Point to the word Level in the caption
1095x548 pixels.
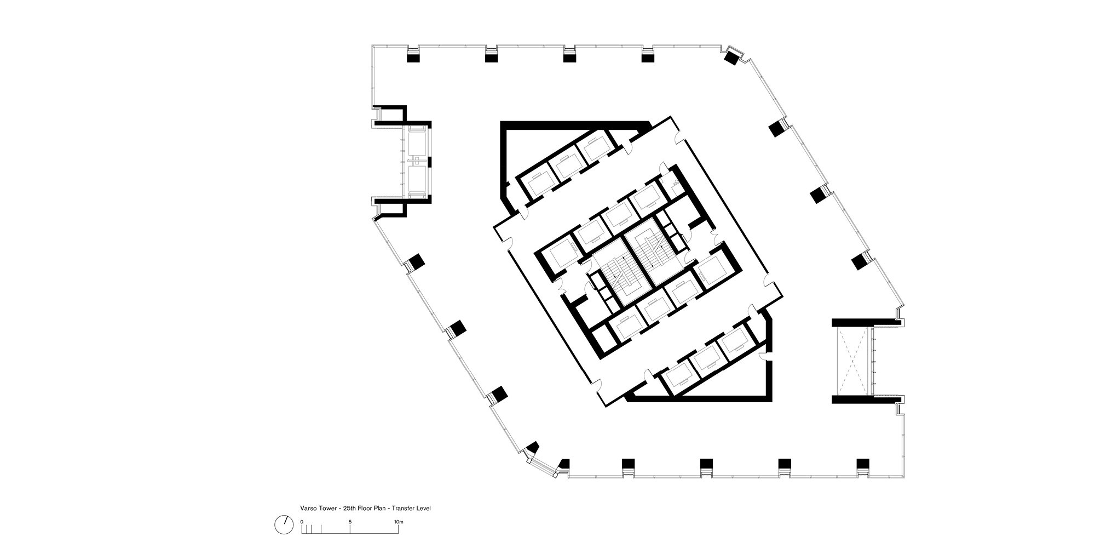(423, 509)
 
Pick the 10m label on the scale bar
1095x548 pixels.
(399, 522)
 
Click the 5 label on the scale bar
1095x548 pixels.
(350, 522)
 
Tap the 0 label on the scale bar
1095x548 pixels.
(302, 522)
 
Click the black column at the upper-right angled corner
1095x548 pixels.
(731, 58)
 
